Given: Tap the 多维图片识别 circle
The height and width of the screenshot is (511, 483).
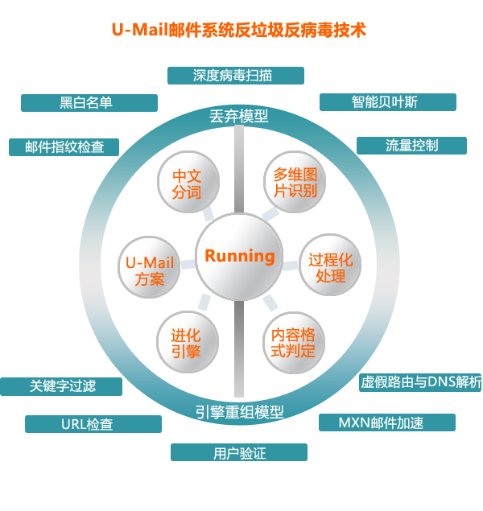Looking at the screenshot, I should tap(295, 183).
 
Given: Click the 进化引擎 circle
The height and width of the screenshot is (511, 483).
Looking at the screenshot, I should tap(186, 342).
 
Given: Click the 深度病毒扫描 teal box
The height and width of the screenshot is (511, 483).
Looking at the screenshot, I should tap(236, 76).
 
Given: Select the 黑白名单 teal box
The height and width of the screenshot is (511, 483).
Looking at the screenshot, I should tap(89, 103).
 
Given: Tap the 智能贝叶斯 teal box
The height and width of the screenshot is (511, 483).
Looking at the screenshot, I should tap(387, 102).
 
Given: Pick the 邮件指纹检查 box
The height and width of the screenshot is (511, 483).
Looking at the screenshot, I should tap(64, 147).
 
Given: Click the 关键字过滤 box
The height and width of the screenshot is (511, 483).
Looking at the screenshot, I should tap(62, 386).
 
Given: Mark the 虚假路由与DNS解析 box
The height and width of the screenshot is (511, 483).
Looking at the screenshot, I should tap(420, 381).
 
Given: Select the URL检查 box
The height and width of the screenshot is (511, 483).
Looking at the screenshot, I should tap(93, 424).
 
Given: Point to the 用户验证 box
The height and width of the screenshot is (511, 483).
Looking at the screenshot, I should tap(239, 453).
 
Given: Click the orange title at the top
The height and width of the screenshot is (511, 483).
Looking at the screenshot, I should tap(238, 31).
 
